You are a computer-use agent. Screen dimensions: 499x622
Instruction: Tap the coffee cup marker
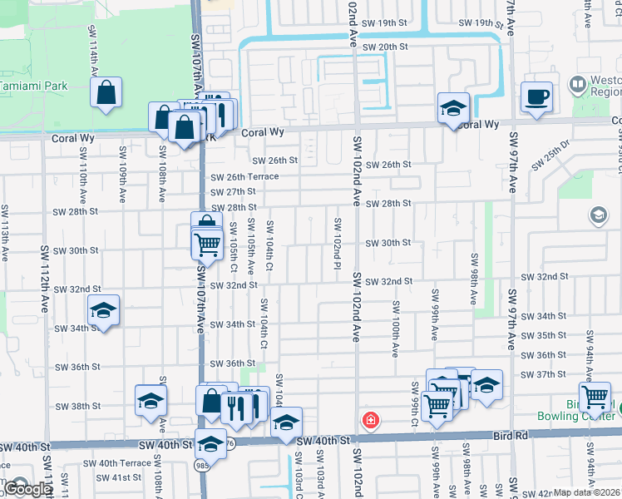click(536, 96)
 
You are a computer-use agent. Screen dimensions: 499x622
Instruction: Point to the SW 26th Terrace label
click(244, 177)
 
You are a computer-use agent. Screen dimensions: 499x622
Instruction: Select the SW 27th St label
click(233, 192)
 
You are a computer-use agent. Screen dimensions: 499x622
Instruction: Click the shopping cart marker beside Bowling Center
click(595, 397)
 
